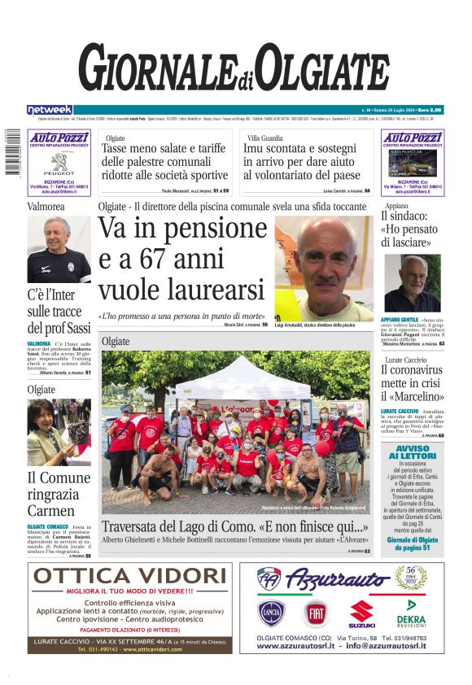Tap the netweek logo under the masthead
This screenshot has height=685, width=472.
tap(50, 109)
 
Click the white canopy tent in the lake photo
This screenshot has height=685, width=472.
tap(236, 375)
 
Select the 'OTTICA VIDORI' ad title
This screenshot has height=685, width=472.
tap(130, 576)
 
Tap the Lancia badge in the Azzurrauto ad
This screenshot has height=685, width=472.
tap(273, 613)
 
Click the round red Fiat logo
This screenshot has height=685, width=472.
tap(318, 613)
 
